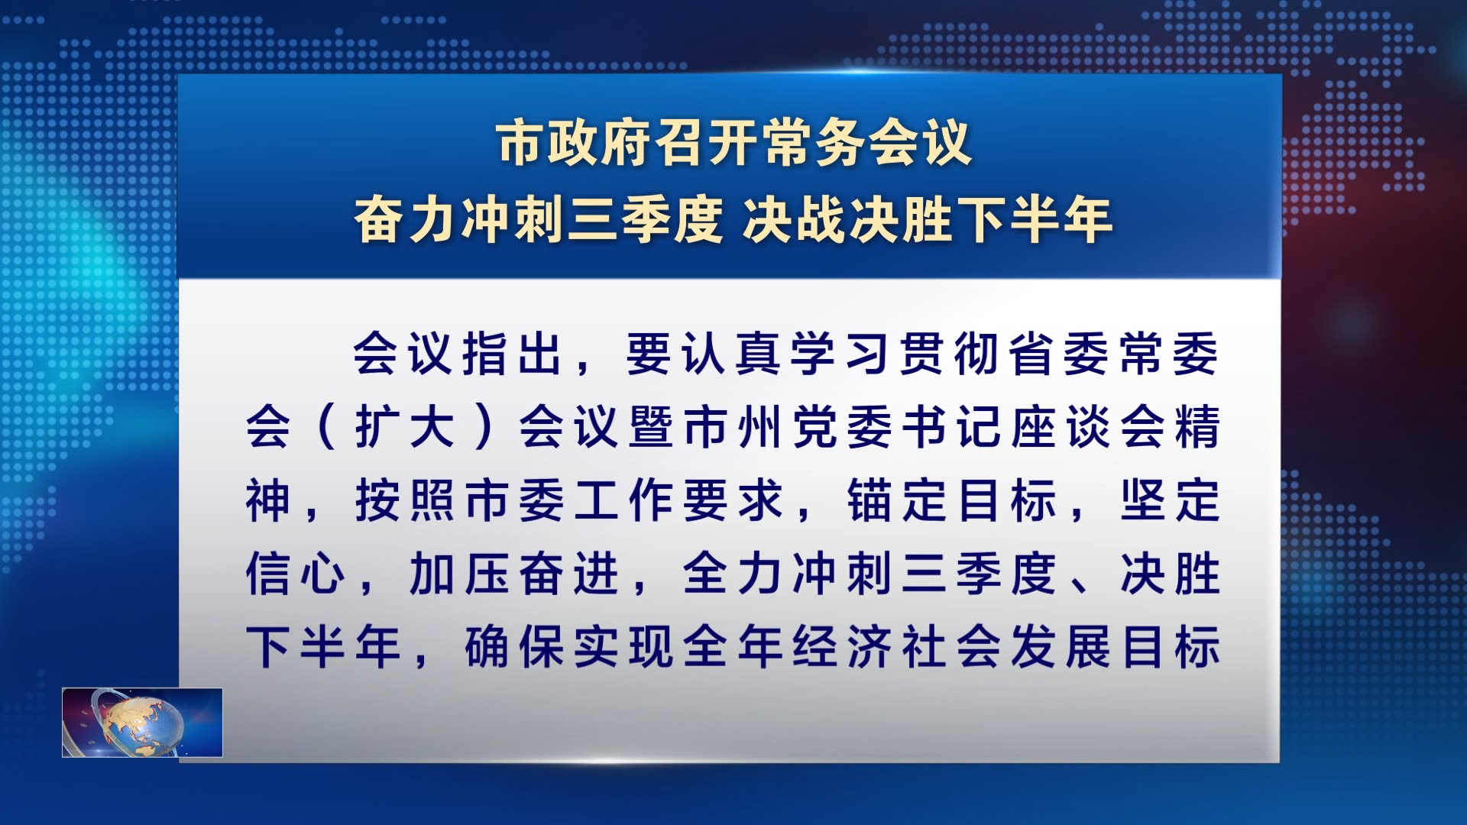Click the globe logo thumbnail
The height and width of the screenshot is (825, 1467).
point(142,722)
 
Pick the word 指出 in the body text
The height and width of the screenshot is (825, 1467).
point(512,354)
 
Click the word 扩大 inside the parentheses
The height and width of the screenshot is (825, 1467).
point(405,427)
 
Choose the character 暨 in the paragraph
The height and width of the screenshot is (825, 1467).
point(651,427)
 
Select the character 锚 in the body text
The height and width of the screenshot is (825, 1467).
point(870,500)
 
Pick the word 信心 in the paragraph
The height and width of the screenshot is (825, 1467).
point(296,574)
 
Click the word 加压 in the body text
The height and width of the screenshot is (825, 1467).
point(459,574)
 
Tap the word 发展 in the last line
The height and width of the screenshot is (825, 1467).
point(1060,647)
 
